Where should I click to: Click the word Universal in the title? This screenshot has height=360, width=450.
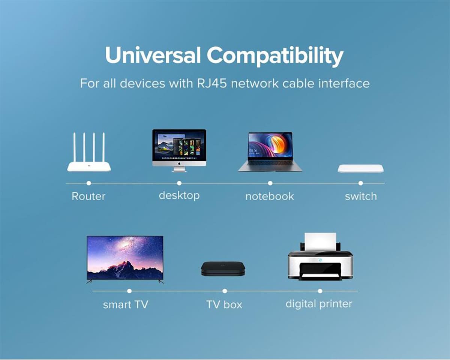(153, 55)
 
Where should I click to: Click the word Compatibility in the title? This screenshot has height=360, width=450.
(275, 56)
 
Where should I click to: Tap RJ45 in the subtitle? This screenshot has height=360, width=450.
(212, 83)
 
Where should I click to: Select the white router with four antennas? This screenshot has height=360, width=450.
(89, 152)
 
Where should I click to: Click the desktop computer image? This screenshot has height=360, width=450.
(179, 151)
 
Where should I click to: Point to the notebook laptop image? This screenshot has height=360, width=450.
(270, 151)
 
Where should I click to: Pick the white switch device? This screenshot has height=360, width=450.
(361, 168)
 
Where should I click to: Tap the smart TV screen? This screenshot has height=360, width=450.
(125, 258)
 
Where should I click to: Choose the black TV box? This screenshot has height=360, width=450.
(223, 268)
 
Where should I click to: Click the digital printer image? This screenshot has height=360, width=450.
(320, 256)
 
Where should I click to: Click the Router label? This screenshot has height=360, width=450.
(88, 196)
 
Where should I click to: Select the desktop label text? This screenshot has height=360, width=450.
(179, 196)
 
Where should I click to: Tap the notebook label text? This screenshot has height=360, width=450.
(270, 196)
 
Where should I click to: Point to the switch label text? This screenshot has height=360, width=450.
(361, 196)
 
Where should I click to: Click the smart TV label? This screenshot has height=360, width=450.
(126, 304)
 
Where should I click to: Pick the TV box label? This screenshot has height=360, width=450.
(224, 304)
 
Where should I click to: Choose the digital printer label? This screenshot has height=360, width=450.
(319, 304)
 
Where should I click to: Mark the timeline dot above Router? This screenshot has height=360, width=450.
(88, 183)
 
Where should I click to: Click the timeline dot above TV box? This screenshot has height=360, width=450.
(225, 291)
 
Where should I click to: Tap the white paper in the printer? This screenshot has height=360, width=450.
(320, 241)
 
